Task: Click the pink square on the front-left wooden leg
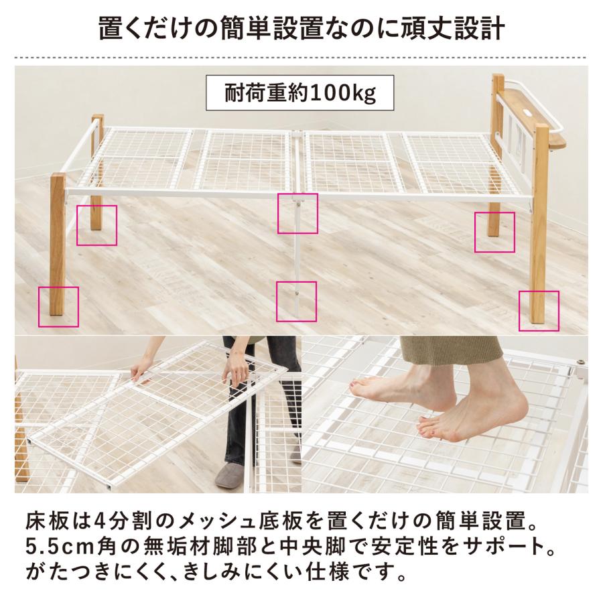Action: pos(59,307)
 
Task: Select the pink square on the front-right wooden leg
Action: pos(539,311)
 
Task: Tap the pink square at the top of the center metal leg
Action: pos(297,214)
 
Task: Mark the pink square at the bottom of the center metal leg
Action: pos(296,301)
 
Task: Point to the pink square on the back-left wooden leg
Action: pos(96,225)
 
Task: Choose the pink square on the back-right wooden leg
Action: pos(494,232)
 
